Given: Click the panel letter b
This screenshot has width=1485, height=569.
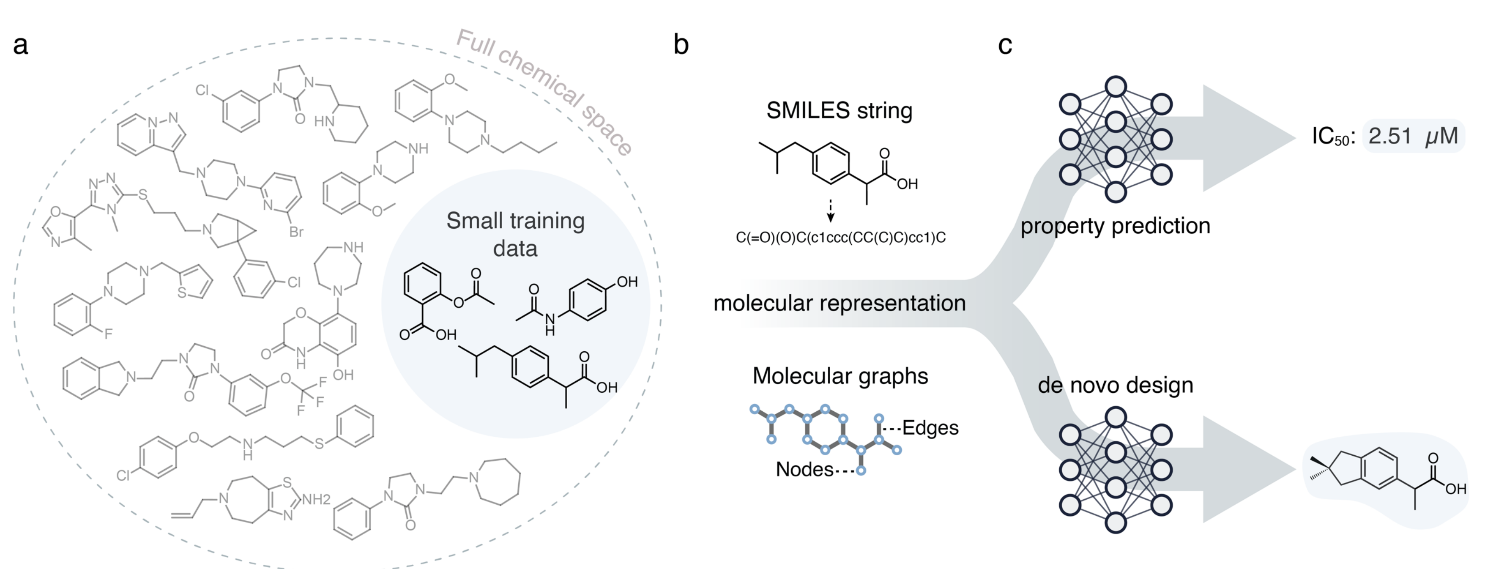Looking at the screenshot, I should tap(681, 44).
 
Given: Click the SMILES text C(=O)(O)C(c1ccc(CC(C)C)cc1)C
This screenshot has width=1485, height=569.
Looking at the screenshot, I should tap(840, 238).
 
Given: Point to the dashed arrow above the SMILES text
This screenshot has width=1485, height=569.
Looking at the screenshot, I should tap(830, 211).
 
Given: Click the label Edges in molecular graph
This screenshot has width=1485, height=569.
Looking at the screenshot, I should tap(930, 428).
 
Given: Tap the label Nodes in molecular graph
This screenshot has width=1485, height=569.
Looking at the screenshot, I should tap(804, 469).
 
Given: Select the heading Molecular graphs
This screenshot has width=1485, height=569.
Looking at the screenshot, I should tap(840, 376).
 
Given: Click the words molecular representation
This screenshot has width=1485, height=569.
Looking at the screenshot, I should tap(840, 303).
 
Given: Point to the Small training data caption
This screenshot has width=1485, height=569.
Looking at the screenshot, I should tap(515, 234).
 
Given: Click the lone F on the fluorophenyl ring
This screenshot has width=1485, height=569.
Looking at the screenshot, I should tap(108, 333).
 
